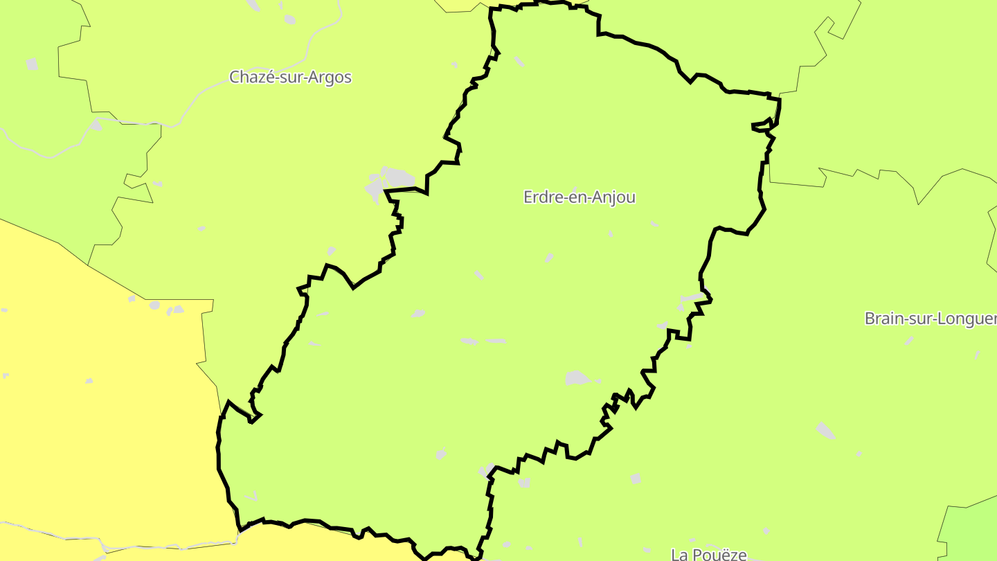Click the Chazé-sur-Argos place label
point(290,77)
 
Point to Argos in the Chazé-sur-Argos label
point(332,78)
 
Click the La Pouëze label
point(709,554)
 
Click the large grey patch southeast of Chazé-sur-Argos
point(390,179)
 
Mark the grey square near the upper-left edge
point(32,64)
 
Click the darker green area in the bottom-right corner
point(973,530)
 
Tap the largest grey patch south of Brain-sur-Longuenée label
point(825,430)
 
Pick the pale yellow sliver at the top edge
point(460,5)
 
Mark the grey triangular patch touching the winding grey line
point(96,125)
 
